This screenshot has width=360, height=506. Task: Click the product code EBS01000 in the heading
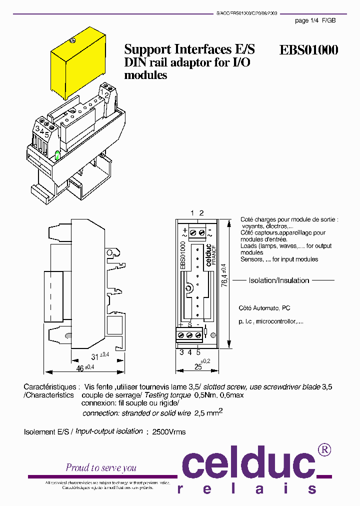(308, 50)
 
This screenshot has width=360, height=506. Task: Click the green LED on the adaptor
(57, 156)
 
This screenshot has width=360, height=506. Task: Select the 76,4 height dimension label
(223, 275)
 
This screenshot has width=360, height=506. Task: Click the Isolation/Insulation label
(279, 280)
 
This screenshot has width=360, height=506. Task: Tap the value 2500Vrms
(169, 431)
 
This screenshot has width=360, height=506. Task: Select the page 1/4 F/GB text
(315, 20)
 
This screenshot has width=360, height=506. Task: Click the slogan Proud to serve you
(101, 467)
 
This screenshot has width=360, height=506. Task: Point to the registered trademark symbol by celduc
(324, 449)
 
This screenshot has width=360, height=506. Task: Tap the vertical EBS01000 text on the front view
(183, 255)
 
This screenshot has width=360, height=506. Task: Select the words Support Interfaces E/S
(189, 49)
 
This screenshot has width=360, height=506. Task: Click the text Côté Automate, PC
(265, 308)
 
